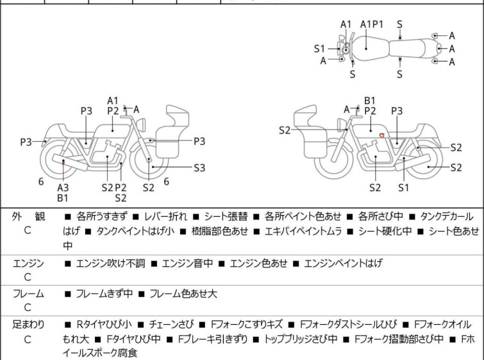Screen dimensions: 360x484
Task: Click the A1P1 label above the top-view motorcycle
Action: pyautogui.click(x=372, y=24)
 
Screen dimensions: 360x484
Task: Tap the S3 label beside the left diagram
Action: pyautogui.click(x=199, y=167)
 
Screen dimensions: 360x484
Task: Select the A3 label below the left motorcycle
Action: pyautogui.click(x=63, y=187)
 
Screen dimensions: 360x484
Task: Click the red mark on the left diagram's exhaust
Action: pyautogui.click(x=63, y=163)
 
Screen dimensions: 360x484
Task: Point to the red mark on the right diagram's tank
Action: pyautogui.click(x=382, y=135)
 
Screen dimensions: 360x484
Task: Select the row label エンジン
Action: pyautogui.click(x=28, y=264)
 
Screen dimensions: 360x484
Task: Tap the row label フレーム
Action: pyautogui.click(x=28, y=294)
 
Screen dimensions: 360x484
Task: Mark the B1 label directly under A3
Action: pyautogui.click(x=63, y=198)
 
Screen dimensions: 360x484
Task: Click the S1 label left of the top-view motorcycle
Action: pyautogui.click(x=319, y=49)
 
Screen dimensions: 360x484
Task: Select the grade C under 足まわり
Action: pyautogui.click(x=28, y=339)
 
